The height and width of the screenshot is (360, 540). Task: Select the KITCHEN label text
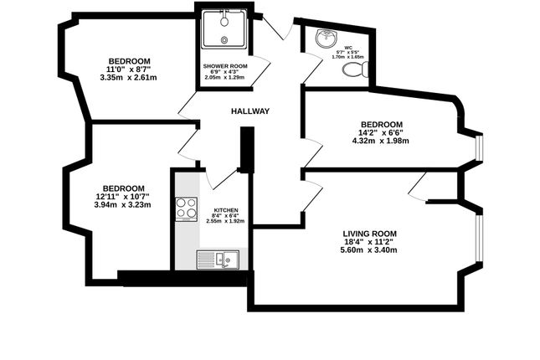click(226, 210)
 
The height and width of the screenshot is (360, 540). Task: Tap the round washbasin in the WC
click(325, 38)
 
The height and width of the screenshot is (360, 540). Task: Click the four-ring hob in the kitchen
click(186, 208)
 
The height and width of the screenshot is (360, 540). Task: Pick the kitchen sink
click(218, 260)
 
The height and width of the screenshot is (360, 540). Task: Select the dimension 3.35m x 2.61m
click(128, 78)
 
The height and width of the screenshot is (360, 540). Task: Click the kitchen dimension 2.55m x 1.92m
click(225, 221)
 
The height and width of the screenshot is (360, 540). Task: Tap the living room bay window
click(480, 239)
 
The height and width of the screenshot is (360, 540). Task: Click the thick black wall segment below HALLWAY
click(245, 149)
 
